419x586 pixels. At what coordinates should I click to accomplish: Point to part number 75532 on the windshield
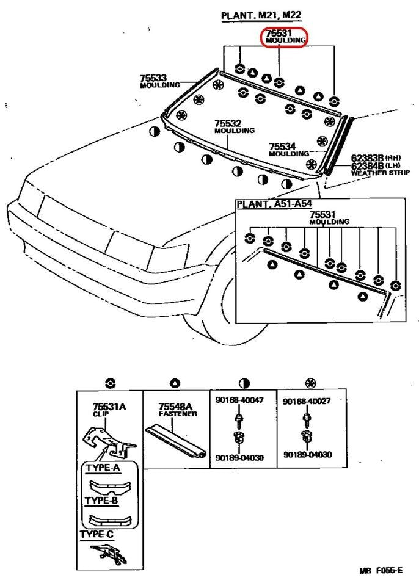coord(227,123)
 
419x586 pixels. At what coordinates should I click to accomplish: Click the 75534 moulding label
coord(283,146)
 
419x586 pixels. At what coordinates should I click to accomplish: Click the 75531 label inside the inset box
coord(322,214)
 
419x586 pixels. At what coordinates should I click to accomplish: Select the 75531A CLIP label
coord(109,407)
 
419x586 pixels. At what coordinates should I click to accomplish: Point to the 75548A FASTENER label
coord(175,407)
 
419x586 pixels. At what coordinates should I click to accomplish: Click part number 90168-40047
coord(239,400)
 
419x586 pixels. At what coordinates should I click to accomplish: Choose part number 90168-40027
coord(307,400)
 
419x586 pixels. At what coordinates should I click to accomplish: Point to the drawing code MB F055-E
coord(381,571)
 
